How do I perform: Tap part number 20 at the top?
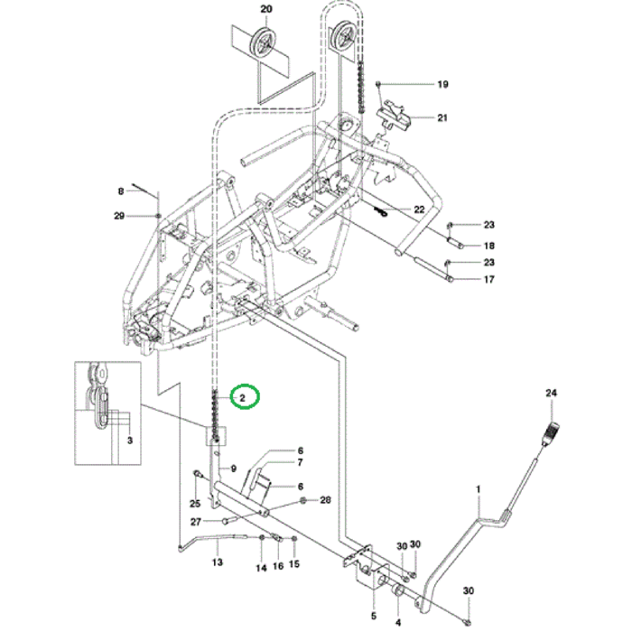tap(265, 9)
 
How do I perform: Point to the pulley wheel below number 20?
tap(265, 42)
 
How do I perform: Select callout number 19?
tap(442, 85)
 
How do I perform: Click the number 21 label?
tap(442, 118)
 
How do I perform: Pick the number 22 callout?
tap(419, 209)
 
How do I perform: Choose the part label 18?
tap(488, 246)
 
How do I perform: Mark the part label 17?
tap(488, 280)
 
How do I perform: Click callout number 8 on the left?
tap(120, 191)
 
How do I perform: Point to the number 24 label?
tap(552, 393)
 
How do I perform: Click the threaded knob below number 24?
tap(550, 432)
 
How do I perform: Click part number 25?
tap(193, 502)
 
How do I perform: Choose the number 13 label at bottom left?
tap(217, 562)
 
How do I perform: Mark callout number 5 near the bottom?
tap(374, 604)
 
